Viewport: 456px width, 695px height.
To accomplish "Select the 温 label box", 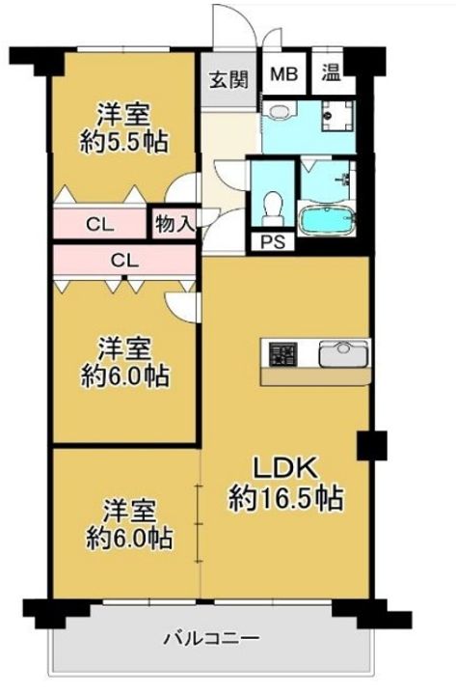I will pos(331,73).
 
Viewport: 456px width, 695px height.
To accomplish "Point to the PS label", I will pos(272,241).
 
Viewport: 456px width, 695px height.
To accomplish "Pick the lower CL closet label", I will pos(122,259).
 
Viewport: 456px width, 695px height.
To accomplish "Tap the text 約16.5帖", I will pos(286,499).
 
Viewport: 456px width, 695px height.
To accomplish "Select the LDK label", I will pos(285,468).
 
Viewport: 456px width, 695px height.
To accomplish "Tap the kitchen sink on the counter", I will pos(341,353).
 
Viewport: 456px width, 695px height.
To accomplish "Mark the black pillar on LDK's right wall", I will pos(370,445).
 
